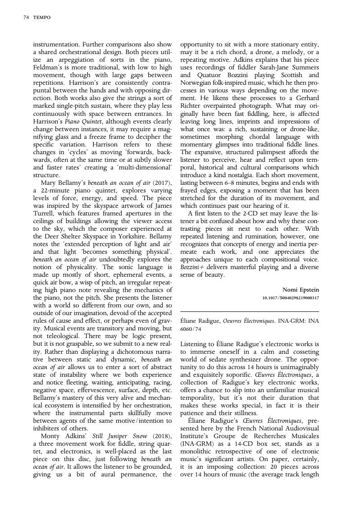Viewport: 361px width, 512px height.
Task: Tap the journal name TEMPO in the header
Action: click(x=42, y=18)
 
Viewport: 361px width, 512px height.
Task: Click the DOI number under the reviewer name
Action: click(x=290, y=298)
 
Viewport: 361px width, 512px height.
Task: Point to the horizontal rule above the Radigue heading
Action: click(x=249, y=311)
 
